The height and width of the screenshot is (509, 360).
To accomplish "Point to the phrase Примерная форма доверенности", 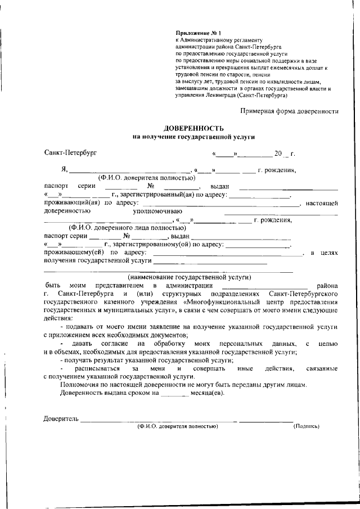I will point(289,111).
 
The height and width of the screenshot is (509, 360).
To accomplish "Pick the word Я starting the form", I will point(64,170).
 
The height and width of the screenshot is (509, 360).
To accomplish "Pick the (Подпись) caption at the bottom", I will point(307,427).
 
